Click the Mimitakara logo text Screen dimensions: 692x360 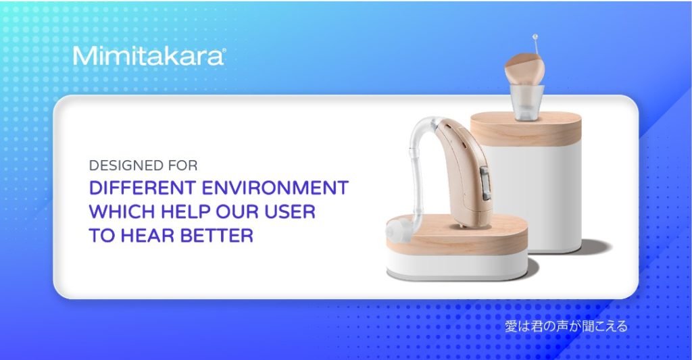pyautogui.click(x=148, y=56)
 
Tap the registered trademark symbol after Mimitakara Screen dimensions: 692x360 pyautogui.click(x=224, y=51)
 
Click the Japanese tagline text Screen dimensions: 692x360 pyautogui.click(x=566, y=326)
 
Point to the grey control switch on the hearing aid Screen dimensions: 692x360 pyautogui.click(x=485, y=182)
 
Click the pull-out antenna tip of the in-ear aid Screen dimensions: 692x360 pyautogui.click(x=535, y=36)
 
